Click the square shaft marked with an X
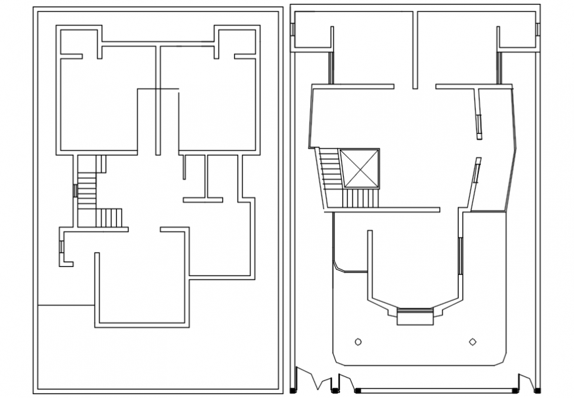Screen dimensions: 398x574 [x=360, y=169]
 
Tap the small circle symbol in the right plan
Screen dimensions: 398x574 [x=358, y=341]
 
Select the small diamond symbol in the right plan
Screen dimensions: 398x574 [x=472, y=341]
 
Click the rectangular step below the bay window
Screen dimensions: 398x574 [x=415, y=319]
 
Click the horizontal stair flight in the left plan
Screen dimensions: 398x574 [x=109, y=217]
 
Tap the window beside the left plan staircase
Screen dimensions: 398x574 [x=75, y=191]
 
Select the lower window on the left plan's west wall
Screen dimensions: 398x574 [x=61, y=246]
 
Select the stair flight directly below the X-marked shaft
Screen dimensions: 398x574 [x=360, y=198]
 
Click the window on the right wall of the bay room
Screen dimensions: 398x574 [x=459, y=255]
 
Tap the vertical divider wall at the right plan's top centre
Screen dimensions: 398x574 [x=415, y=49]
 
